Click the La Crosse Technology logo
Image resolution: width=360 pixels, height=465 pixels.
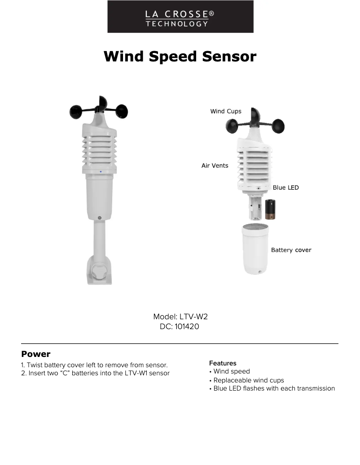pyautogui.click(x=180, y=17)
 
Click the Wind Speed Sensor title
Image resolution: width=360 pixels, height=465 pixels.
pyautogui.click(x=180, y=56)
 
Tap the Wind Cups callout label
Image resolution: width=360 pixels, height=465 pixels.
pyautogui.click(x=226, y=111)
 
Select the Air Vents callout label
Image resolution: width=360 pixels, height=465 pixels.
pyautogui.click(x=215, y=165)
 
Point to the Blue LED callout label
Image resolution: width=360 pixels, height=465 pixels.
pyautogui.click(x=285, y=187)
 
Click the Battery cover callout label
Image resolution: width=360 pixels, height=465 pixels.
pyautogui.click(x=291, y=250)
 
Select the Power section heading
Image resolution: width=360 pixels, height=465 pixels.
pyautogui.click(x=36, y=354)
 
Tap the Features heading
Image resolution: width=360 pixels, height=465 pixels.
pyautogui.click(x=223, y=363)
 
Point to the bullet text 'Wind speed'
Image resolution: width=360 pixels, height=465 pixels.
pyautogui.click(x=232, y=371)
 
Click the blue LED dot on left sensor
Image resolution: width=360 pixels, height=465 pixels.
pyautogui.click(x=101, y=172)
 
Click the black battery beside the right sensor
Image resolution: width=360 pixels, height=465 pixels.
pyautogui.click(x=270, y=209)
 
